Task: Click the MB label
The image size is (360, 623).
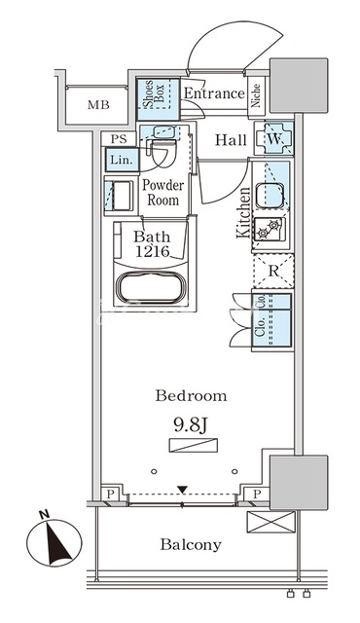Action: point(98,105)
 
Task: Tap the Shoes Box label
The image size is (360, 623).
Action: point(153,93)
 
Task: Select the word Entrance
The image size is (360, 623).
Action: point(214,93)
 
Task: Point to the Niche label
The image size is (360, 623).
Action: point(256,95)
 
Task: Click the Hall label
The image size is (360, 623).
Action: point(231,140)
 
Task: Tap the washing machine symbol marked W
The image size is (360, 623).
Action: point(273,138)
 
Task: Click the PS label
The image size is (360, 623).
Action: point(119,139)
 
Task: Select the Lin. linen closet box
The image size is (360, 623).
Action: point(123,160)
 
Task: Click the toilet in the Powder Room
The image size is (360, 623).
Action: point(162,152)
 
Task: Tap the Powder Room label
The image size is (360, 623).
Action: point(163,193)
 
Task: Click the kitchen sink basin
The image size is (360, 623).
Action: point(270,196)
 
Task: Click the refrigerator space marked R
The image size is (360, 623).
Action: point(273,272)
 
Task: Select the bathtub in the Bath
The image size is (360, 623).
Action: point(152,288)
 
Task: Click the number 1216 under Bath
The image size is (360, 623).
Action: point(153,251)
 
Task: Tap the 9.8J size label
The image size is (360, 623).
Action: point(191,425)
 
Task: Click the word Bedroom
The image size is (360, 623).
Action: point(192,396)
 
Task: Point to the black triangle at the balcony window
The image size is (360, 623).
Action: point(182,490)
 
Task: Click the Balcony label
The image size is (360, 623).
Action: point(191,544)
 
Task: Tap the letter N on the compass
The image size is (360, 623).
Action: point(44,515)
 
